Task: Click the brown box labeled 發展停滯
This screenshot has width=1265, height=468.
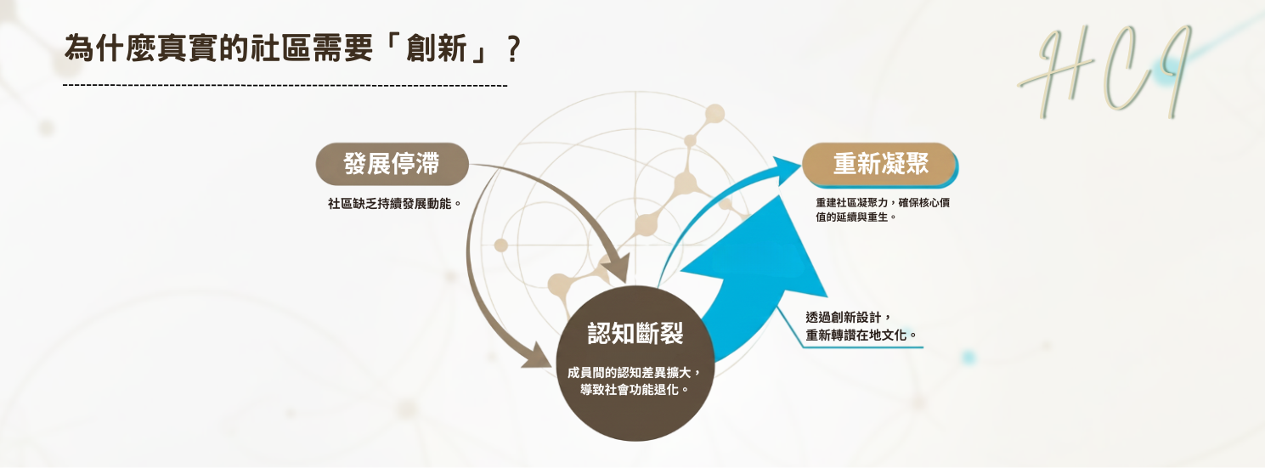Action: tap(392, 164)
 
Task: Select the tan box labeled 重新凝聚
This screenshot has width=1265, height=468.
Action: tap(879, 164)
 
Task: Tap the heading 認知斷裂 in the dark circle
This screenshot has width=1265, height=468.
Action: tap(635, 334)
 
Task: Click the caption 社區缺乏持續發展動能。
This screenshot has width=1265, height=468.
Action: tap(393, 204)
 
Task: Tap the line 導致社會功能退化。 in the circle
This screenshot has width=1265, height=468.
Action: tap(635, 390)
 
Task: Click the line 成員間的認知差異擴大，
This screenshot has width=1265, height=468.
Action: tap(635, 373)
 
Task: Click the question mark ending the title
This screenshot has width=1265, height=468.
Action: tap(511, 49)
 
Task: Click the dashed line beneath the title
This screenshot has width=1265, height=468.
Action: tap(285, 86)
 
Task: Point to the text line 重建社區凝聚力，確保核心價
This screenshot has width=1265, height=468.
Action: tap(888, 203)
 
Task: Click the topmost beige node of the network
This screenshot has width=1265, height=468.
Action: tap(715, 113)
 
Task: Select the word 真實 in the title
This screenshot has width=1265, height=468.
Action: tap(187, 49)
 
